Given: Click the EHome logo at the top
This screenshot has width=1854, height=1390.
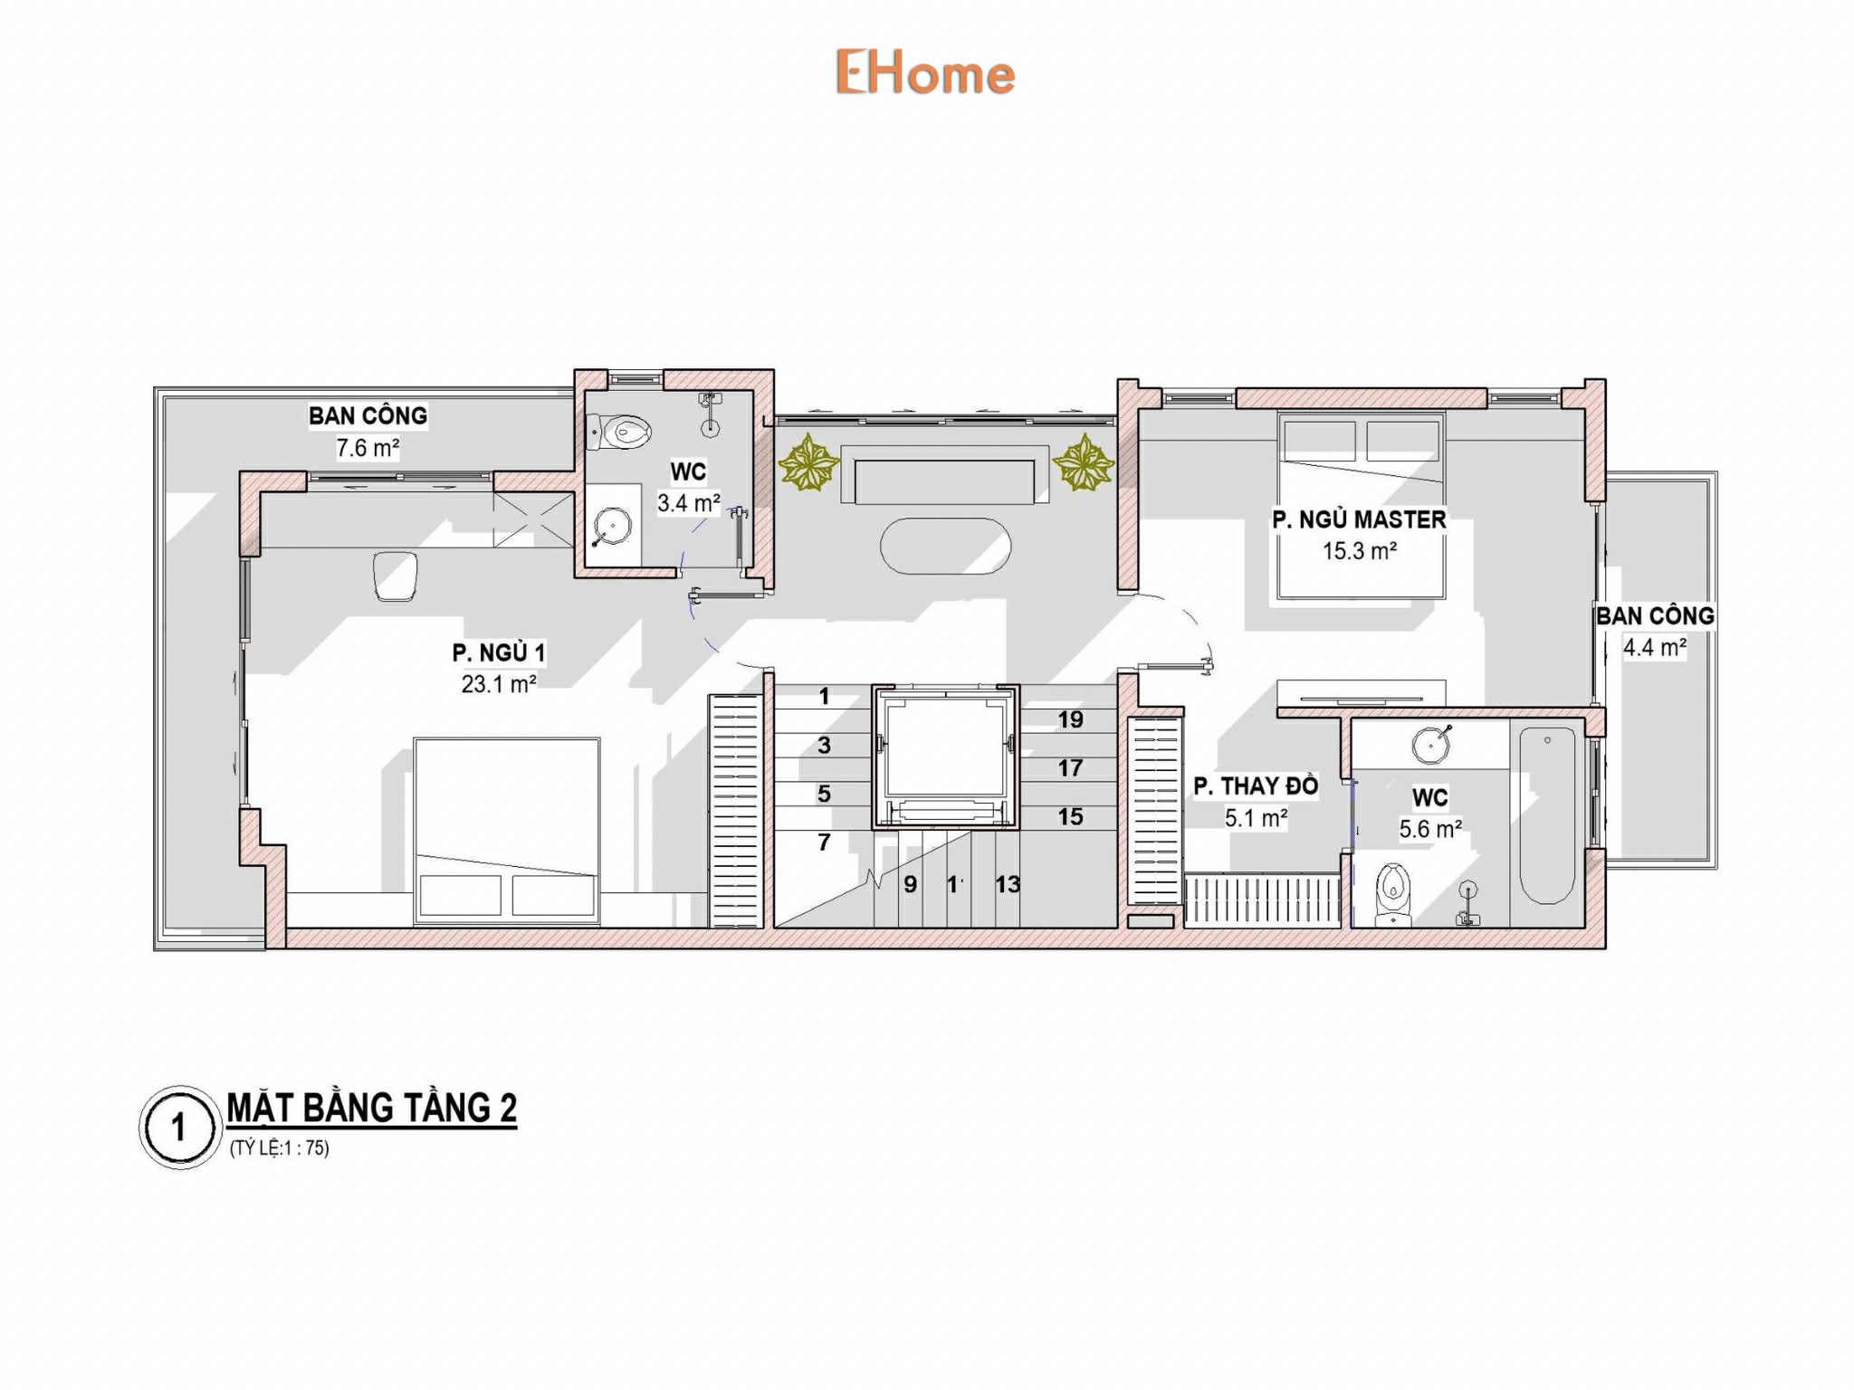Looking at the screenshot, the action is click(x=924, y=72).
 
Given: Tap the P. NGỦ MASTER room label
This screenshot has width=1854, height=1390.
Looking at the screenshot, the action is click(x=1359, y=519).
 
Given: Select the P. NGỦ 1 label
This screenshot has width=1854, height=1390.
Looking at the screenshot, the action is click(x=499, y=652).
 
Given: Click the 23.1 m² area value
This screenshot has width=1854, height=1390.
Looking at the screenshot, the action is click(x=499, y=684).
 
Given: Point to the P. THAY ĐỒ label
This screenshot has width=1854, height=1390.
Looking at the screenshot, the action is click(x=1256, y=785).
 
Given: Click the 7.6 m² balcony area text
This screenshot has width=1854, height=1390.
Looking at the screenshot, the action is click(x=368, y=448).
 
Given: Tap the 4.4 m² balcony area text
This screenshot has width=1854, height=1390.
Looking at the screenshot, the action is click(x=1654, y=647).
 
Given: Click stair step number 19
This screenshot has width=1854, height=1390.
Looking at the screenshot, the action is click(x=1070, y=719).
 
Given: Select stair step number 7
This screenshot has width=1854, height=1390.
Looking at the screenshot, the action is click(x=824, y=843).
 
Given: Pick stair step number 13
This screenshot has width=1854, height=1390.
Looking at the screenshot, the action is click(x=1008, y=884).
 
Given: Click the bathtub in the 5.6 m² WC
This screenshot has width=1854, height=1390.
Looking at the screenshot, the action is click(x=1547, y=815).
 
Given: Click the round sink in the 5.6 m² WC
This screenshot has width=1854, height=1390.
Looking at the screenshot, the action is click(x=1430, y=745).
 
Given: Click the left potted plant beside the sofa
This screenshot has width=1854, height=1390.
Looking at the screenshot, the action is click(x=808, y=462).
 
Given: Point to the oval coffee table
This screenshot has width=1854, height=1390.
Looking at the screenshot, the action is click(x=945, y=546).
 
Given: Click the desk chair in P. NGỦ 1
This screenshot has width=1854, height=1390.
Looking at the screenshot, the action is click(x=396, y=576).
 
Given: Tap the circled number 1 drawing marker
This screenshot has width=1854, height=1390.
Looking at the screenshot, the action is click(x=180, y=1128).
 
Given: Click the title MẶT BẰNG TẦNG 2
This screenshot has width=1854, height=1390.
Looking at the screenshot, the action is click(x=371, y=1109).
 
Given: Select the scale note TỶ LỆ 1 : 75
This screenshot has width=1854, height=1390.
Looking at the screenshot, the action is click(x=279, y=1148).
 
